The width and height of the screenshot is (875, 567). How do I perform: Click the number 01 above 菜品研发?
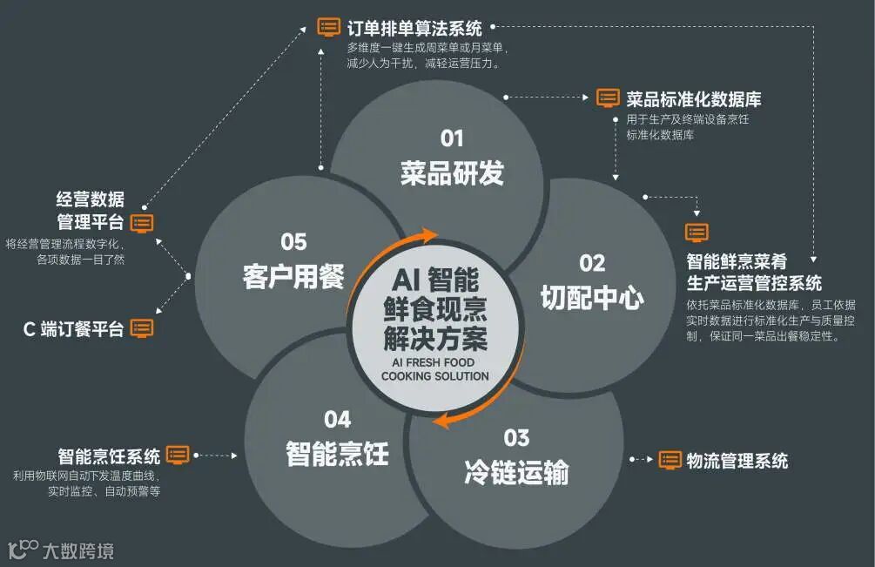pyautogui.click(x=452, y=138)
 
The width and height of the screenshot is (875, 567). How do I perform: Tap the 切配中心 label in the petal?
pyautogui.click(x=592, y=298)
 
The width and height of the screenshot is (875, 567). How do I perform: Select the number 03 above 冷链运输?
pyautogui.click(x=516, y=436)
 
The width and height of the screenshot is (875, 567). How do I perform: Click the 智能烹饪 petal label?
pyautogui.click(x=337, y=453)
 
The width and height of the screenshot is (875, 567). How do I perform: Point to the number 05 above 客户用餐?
pyautogui.click(x=293, y=241)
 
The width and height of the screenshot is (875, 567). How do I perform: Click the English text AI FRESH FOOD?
pyautogui.click(x=435, y=362)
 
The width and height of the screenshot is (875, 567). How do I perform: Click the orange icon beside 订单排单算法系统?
pyautogui.click(x=329, y=27)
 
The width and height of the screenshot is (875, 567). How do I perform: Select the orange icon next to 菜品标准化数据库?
pyautogui.click(x=608, y=98)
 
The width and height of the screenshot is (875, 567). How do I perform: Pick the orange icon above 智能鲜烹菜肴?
pyautogui.click(x=697, y=232)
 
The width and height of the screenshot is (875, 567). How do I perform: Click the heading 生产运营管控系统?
pyautogui.click(x=754, y=282)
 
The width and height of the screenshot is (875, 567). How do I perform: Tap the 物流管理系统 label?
pyautogui.click(x=737, y=459)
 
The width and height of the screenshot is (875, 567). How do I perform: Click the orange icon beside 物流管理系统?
pyautogui.click(x=670, y=459)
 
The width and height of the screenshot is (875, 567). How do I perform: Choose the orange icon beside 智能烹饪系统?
pyautogui.click(x=178, y=454)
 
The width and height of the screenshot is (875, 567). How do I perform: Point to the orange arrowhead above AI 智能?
pyautogui.click(x=429, y=235)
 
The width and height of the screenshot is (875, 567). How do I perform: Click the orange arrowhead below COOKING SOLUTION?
pyautogui.click(x=443, y=422)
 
